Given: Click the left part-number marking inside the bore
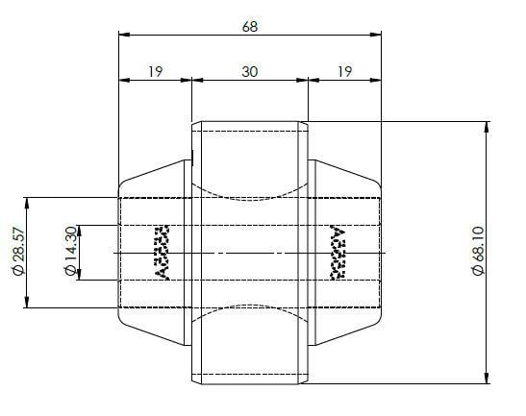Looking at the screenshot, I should click(162, 253).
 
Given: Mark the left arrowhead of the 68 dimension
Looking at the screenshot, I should click(122, 34).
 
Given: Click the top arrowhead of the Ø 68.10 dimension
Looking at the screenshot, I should click(488, 126).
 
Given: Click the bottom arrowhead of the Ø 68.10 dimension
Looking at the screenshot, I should click(488, 376).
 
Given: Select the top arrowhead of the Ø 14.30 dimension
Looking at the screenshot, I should click(81, 229).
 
